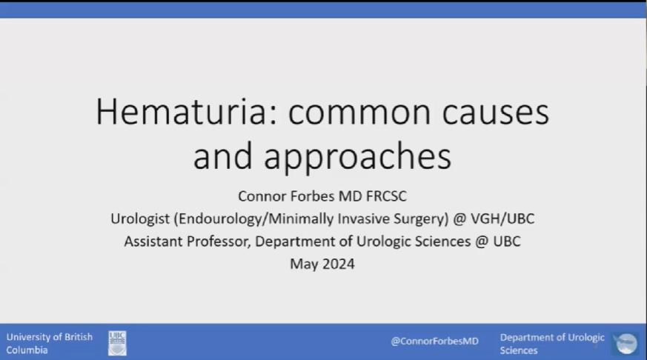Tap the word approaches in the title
pyautogui.click(x=357, y=157)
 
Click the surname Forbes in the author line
pyautogui.click(x=313, y=196)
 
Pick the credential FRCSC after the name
pyautogui.click(x=386, y=196)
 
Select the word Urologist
pyautogui.click(x=140, y=219)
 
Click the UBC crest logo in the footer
pyautogui.click(x=117, y=343)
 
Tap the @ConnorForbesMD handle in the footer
pyautogui.click(x=434, y=341)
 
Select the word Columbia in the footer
pyautogui.click(x=27, y=350)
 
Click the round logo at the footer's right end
pyautogui.click(x=626, y=344)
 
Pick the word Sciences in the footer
pyautogui.click(x=519, y=350)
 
